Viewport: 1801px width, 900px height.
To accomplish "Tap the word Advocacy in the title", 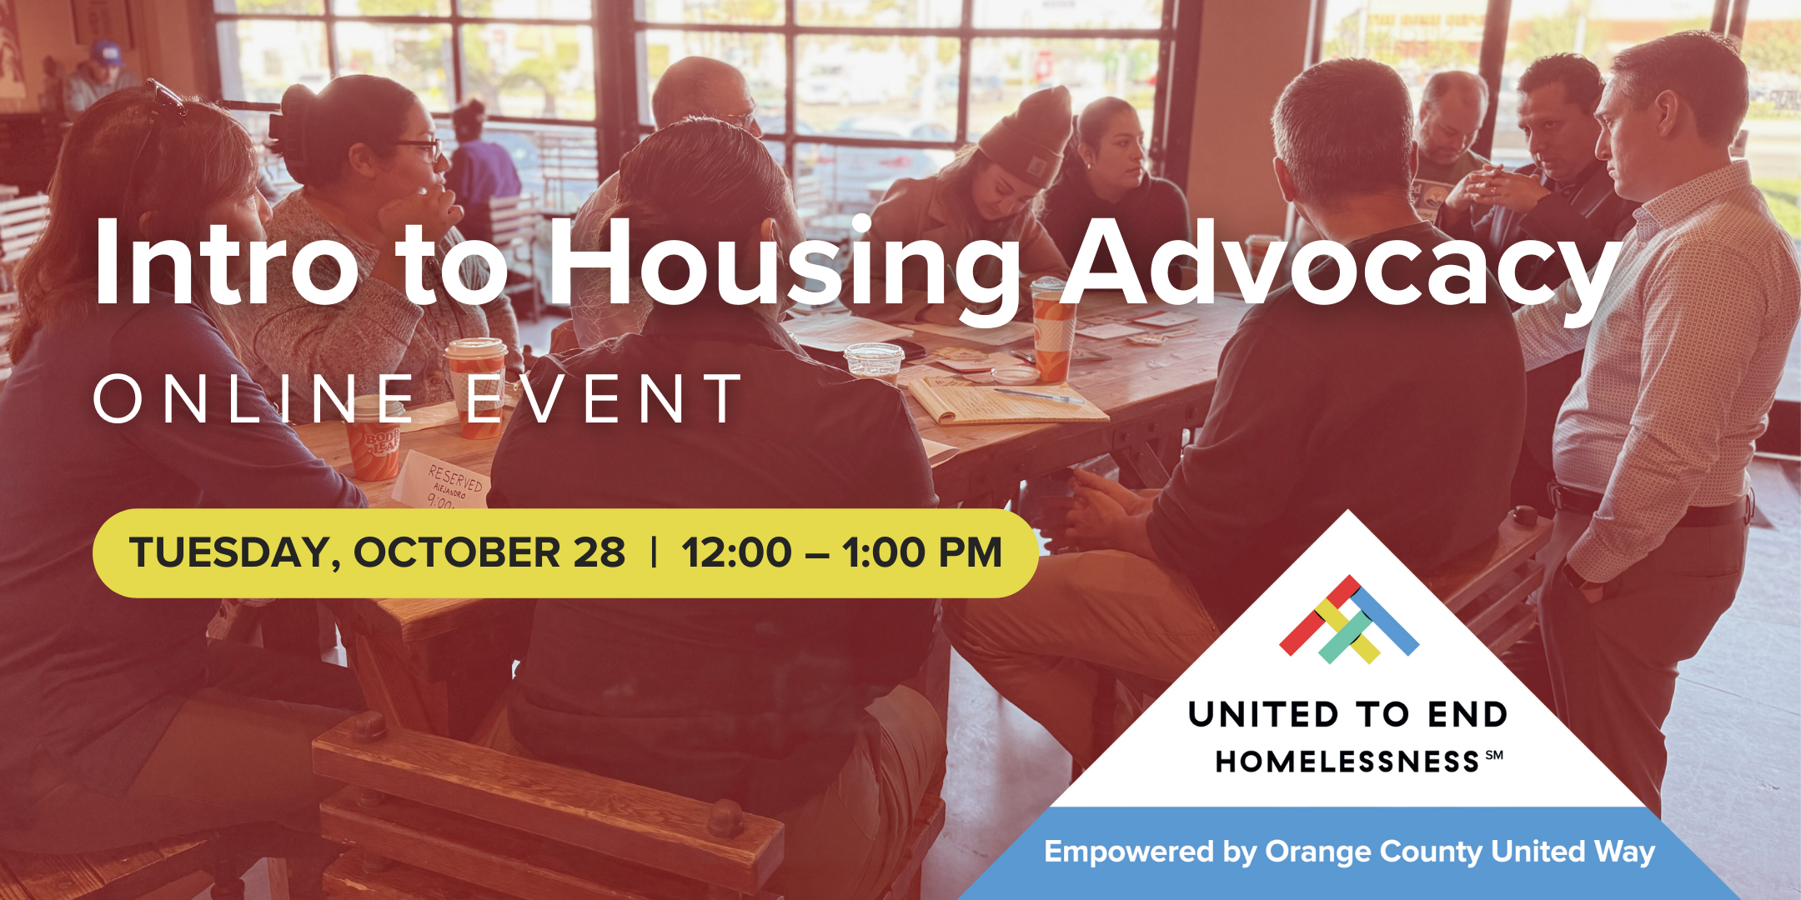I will tap(1342, 265).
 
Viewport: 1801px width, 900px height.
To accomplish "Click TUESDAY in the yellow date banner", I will tap(229, 553).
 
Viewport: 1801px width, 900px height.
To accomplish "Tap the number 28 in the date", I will tap(599, 553).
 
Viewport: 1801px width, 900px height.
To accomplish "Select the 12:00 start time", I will tap(735, 553).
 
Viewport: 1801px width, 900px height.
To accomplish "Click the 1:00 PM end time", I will tap(921, 553).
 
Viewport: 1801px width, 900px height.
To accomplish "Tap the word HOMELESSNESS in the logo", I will tap(1347, 762).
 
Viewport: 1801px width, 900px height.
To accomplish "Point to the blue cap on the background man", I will tap(107, 53).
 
